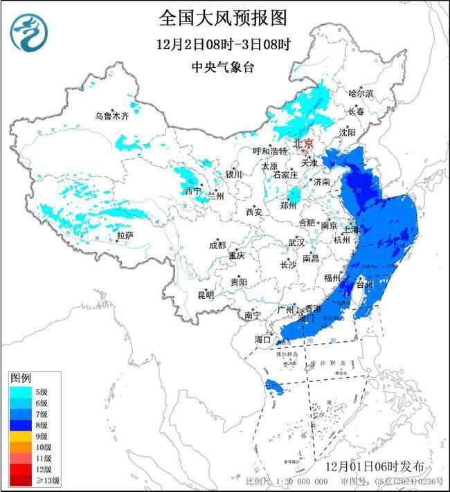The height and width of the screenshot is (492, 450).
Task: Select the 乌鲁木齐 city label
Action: tap(112, 116)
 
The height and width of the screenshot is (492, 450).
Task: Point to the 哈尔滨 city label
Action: tap(360, 93)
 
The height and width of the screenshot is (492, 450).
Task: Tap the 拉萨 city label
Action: tap(125, 236)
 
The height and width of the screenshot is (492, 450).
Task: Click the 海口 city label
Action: tap(262, 340)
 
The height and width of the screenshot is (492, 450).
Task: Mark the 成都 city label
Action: tap(217, 245)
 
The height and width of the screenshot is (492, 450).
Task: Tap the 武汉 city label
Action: tap(296, 243)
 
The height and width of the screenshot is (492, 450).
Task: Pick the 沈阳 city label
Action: tap(347, 131)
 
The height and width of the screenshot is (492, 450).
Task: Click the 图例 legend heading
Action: tap(20, 378)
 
